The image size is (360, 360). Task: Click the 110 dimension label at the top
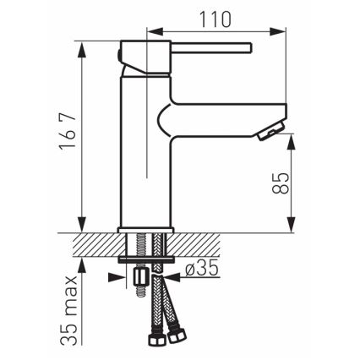point(214,17)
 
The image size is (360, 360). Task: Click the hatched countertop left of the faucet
point(93,245)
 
